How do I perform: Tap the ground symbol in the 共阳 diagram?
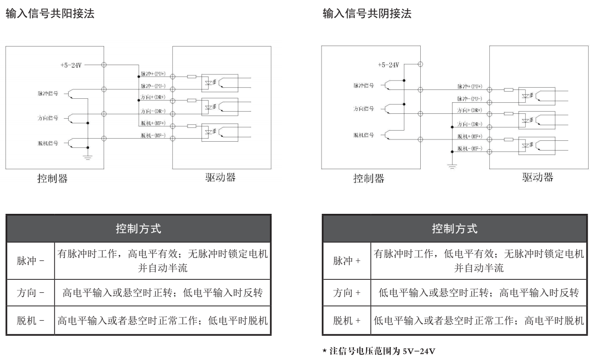pos(88,157)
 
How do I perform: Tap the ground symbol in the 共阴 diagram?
pos(452,166)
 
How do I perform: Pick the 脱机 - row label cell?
pos(30,320)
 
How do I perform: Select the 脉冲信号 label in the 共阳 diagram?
pos(48,93)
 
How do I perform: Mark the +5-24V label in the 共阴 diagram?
pos(388,65)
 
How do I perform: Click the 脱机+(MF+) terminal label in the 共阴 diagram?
pos(470,136)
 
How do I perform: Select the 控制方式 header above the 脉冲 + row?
pos(454,228)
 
